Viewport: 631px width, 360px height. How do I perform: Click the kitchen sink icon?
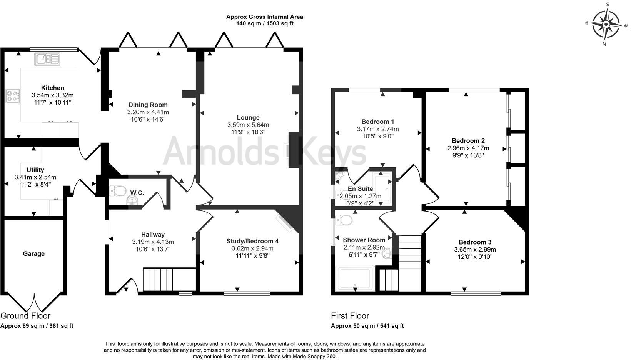coord(47,59)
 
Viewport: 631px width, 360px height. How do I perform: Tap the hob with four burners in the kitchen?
coord(13,96)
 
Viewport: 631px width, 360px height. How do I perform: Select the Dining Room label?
coord(148,105)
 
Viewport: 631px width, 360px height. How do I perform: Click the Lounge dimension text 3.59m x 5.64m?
coord(248,125)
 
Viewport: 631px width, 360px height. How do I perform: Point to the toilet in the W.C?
coord(118,190)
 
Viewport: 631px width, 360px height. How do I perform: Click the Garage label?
coord(34,253)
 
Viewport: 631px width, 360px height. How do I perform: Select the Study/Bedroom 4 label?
coord(252,241)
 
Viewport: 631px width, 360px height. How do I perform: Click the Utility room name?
coord(35,170)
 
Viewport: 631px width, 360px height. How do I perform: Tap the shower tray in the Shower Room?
coord(354,279)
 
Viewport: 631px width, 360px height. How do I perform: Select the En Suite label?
coord(360,189)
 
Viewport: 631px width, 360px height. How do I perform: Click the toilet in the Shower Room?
coord(344,220)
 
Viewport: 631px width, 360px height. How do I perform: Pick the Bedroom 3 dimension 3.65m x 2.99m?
coord(475,249)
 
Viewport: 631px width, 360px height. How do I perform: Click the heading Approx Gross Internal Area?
coord(264,17)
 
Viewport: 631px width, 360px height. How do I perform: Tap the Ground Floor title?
coord(25,316)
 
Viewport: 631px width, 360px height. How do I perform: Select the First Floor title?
coord(350,316)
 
